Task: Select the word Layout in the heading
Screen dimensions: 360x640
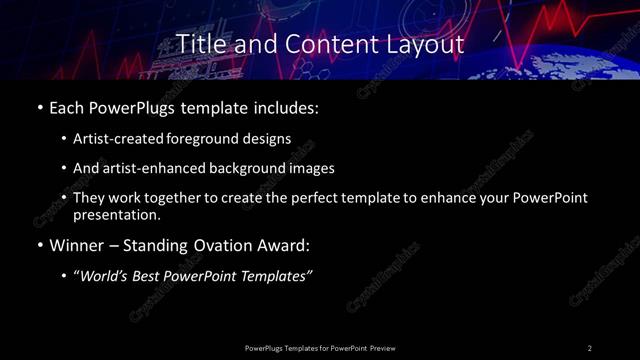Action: [x=428, y=45]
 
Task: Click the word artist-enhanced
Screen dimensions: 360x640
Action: [x=153, y=168]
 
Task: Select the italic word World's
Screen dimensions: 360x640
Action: [x=104, y=276]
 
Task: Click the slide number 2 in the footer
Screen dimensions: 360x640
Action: [x=590, y=347]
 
